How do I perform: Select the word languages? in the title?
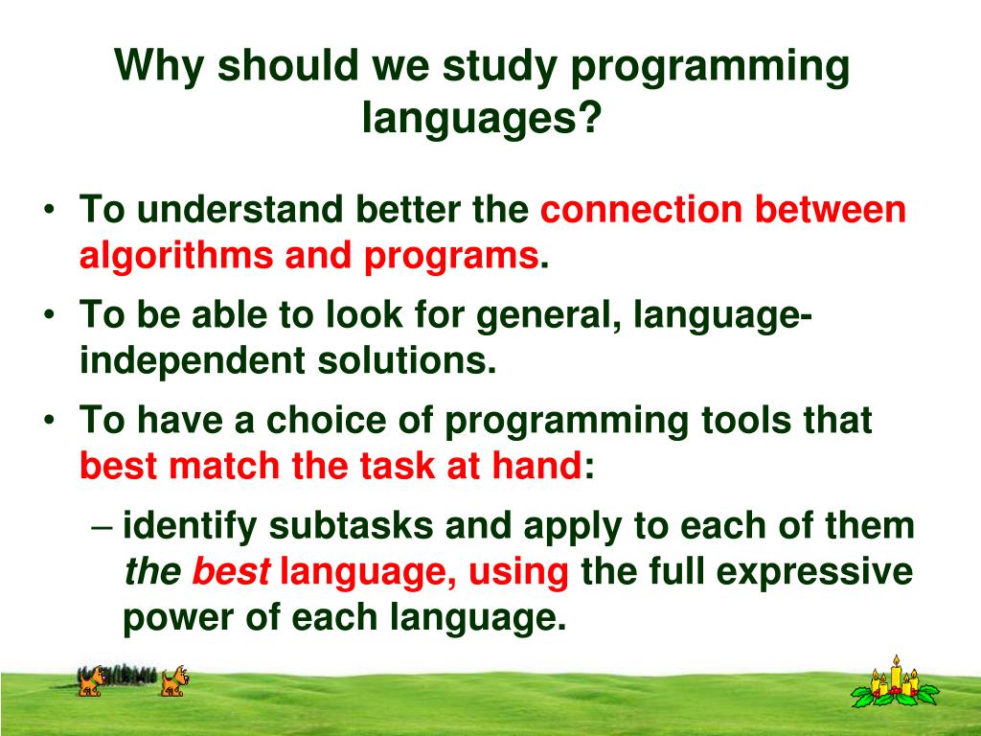(x=482, y=117)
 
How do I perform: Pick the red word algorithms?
(x=176, y=256)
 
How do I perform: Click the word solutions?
(x=406, y=360)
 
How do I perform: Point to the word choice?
(x=326, y=420)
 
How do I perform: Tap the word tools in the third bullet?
(x=745, y=420)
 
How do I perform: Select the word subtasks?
(x=351, y=525)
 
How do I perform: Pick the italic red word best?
(x=231, y=571)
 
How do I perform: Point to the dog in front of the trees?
(x=91, y=681)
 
